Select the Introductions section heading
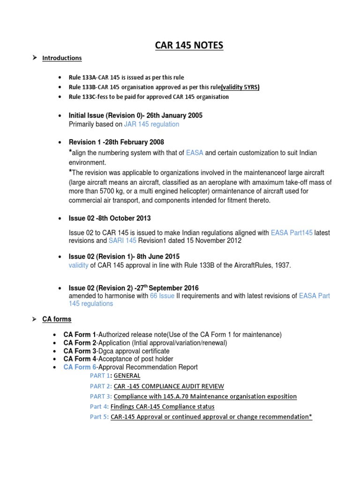click(62, 58)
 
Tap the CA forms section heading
click(57, 319)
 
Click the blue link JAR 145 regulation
click(151, 125)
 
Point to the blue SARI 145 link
click(122, 240)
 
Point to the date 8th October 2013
click(124, 218)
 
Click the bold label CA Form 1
click(80, 334)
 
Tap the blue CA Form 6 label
click(80, 367)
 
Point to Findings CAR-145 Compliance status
click(162, 407)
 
